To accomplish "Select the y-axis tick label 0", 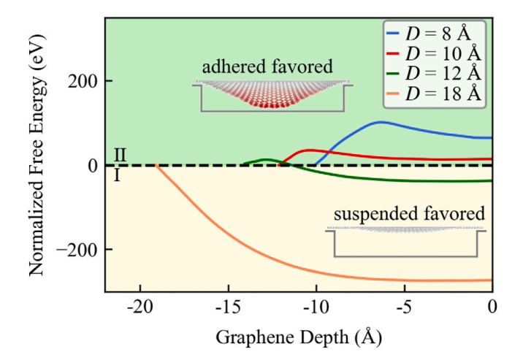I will (x=91, y=166).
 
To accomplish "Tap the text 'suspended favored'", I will (x=409, y=214).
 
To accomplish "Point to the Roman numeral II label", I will (x=121, y=155).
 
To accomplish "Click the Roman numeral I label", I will (x=117, y=175).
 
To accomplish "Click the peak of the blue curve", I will (x=380, y=122).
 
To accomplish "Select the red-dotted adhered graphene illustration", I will (x=275, y=95).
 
